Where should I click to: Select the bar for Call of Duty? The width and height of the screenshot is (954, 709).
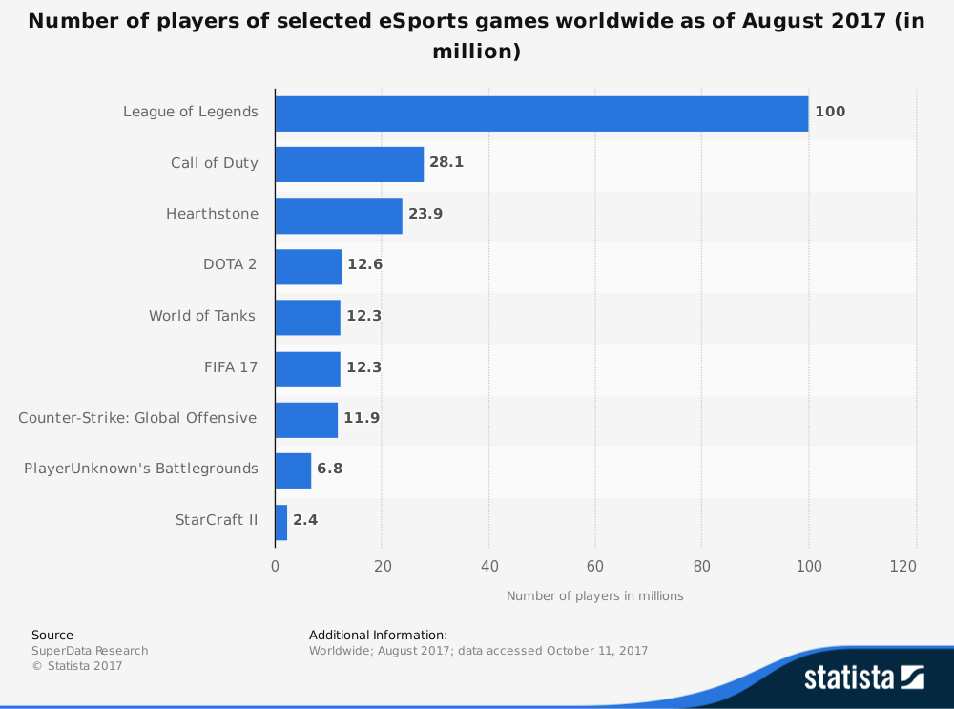pos(349,163)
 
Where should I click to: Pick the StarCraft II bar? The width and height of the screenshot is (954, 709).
pos(281,521)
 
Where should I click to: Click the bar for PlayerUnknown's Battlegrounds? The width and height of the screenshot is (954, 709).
pos(293,469)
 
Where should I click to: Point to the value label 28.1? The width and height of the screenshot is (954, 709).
pos(446,163)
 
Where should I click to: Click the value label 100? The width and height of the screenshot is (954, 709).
pos(830,112)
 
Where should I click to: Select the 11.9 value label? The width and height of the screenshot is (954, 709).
pos(362,418)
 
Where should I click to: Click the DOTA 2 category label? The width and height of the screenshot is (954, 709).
pos(230,265)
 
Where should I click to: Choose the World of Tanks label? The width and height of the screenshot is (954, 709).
pos(202,316)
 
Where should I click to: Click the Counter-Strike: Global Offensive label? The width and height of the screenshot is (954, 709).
pos(137,418)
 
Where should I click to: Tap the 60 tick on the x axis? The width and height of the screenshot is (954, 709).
pos(595,566)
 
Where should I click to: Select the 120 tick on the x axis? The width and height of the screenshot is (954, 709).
pos(903,566)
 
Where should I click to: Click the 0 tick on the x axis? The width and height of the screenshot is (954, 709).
pos(276,566)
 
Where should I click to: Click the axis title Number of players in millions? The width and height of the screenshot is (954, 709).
pos(595,596)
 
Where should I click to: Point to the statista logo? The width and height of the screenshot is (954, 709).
pos(864,678)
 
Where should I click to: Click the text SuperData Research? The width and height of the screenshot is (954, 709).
pos(90,651)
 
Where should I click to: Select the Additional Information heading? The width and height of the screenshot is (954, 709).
pos(378,635)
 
